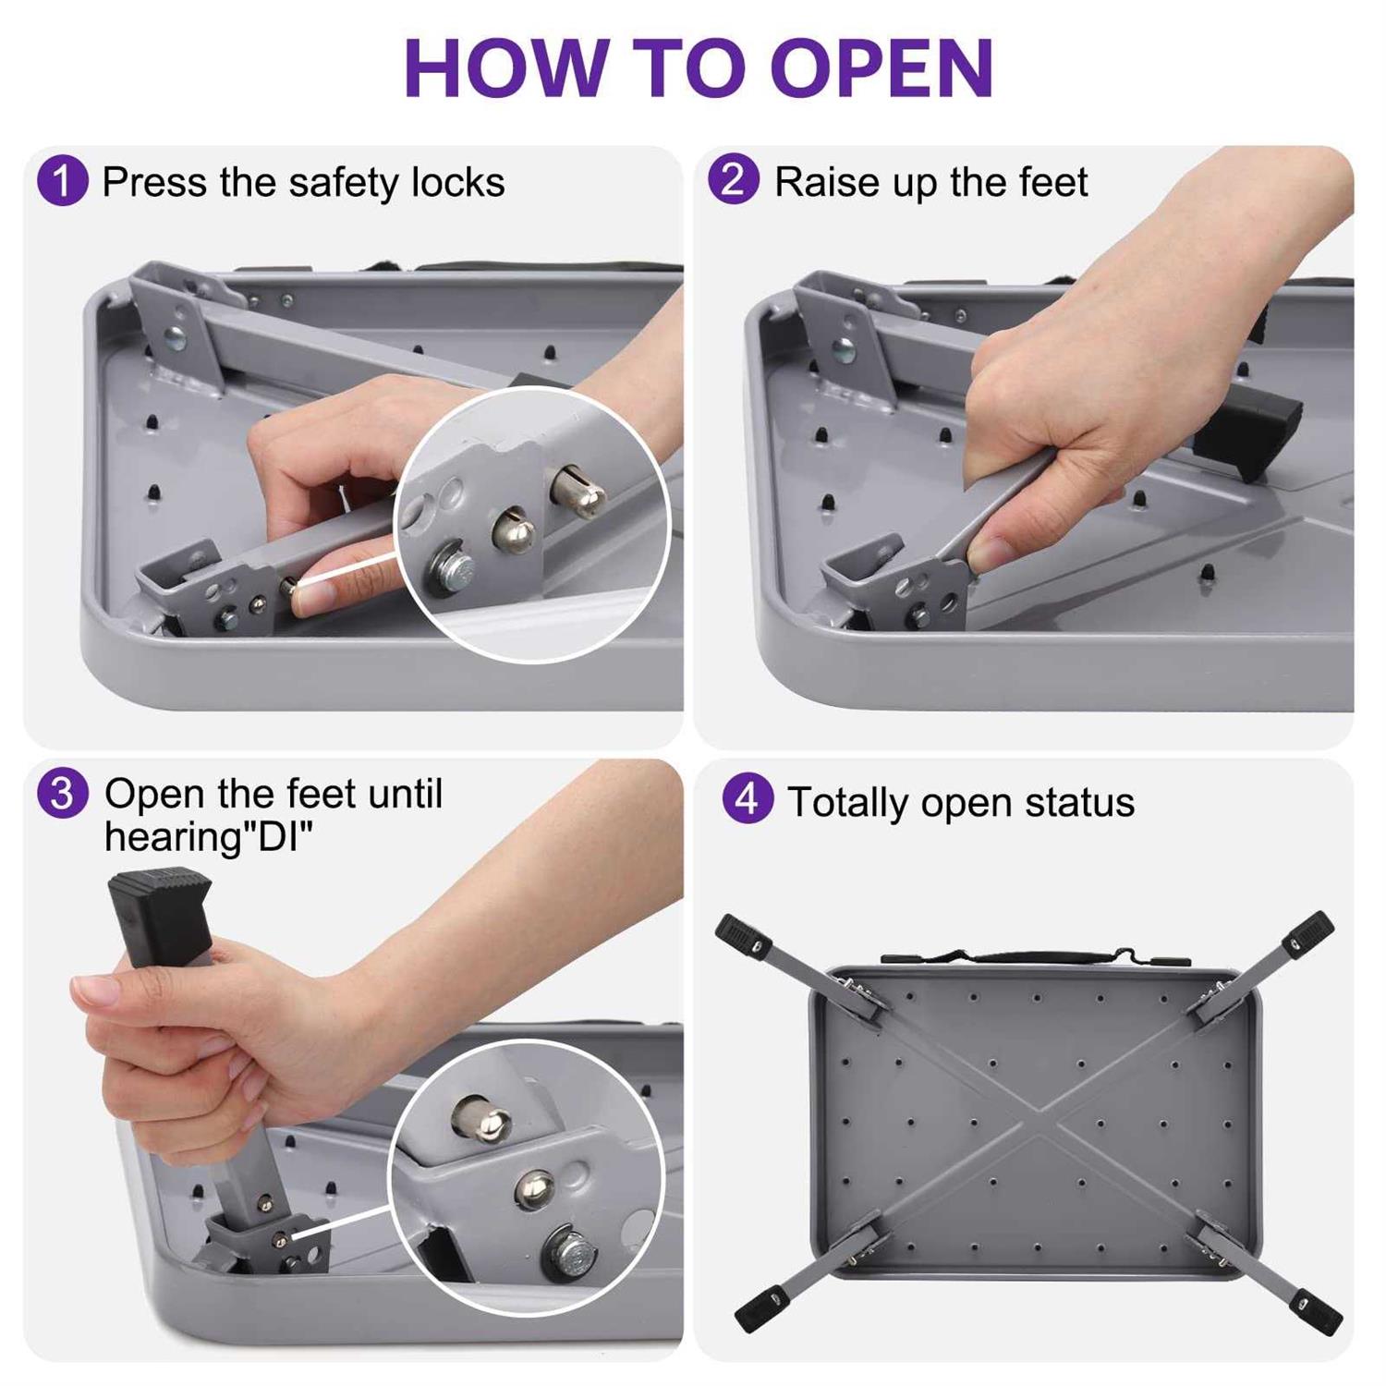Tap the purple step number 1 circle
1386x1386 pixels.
point(62,180)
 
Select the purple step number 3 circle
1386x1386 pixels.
point(62,793)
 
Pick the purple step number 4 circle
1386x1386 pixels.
point(748,798)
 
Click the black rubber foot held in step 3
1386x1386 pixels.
point(159,915)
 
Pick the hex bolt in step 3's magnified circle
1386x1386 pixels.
point(569,1251)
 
